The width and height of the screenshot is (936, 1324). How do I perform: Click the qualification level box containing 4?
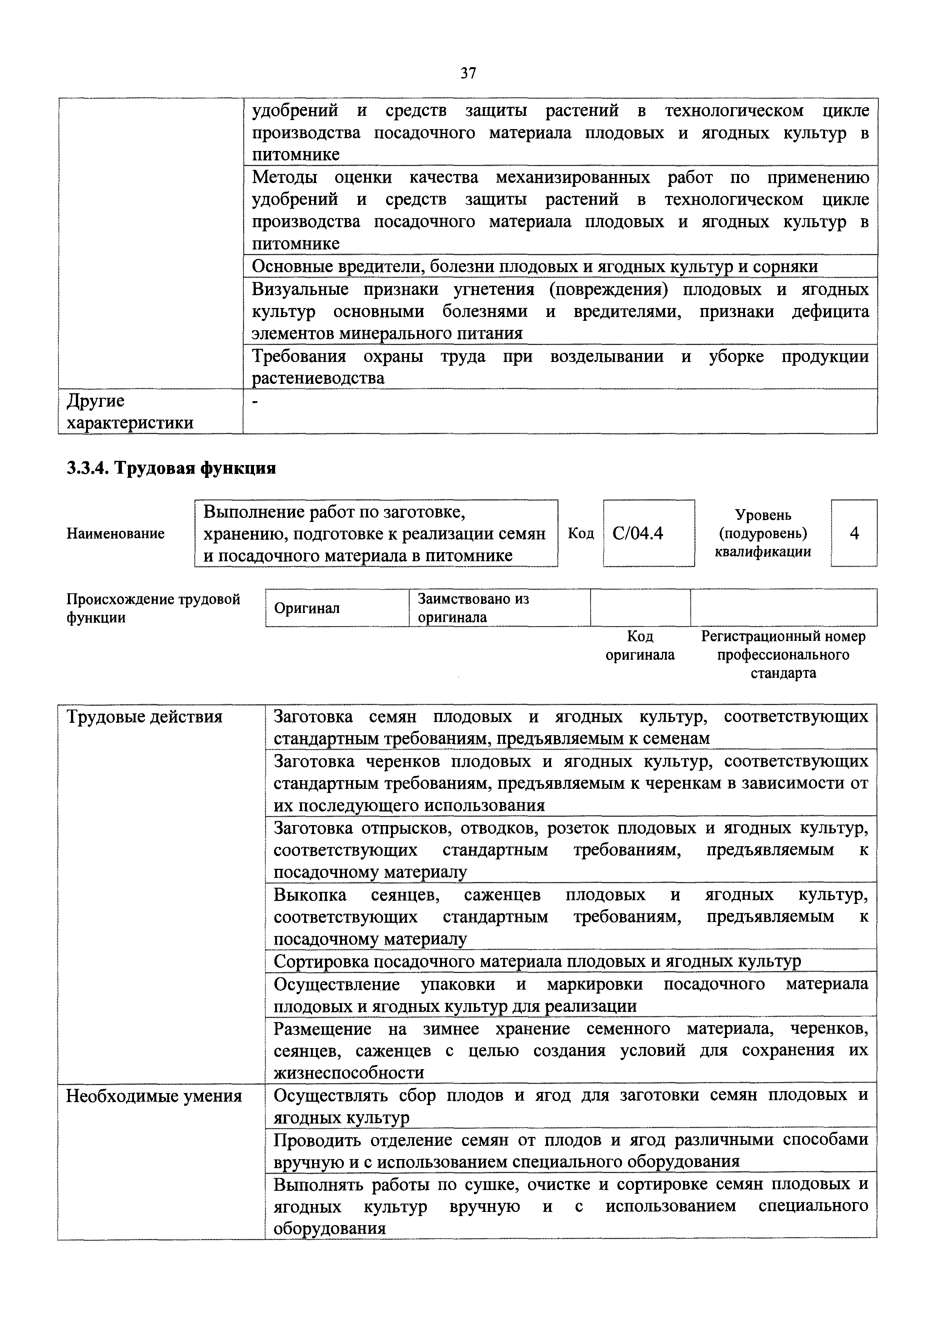[x=854, y=533]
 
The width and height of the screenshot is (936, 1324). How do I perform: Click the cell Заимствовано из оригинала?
[x=473, y=608]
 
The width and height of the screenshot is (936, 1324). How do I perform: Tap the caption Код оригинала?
[x=640, y=645]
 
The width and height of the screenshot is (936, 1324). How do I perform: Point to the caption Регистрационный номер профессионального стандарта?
[x=783, y=654]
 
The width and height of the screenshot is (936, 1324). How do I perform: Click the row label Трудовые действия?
[x=144, y=717]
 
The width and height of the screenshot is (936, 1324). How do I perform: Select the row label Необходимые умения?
[x=154, y=1096]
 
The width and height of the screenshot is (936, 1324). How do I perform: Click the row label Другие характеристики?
[x=130, y=412]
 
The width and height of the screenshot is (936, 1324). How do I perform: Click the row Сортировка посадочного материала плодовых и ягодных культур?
[x=537, y=961]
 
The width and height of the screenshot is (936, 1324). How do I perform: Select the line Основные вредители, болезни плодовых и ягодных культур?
[x=534, y=266]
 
